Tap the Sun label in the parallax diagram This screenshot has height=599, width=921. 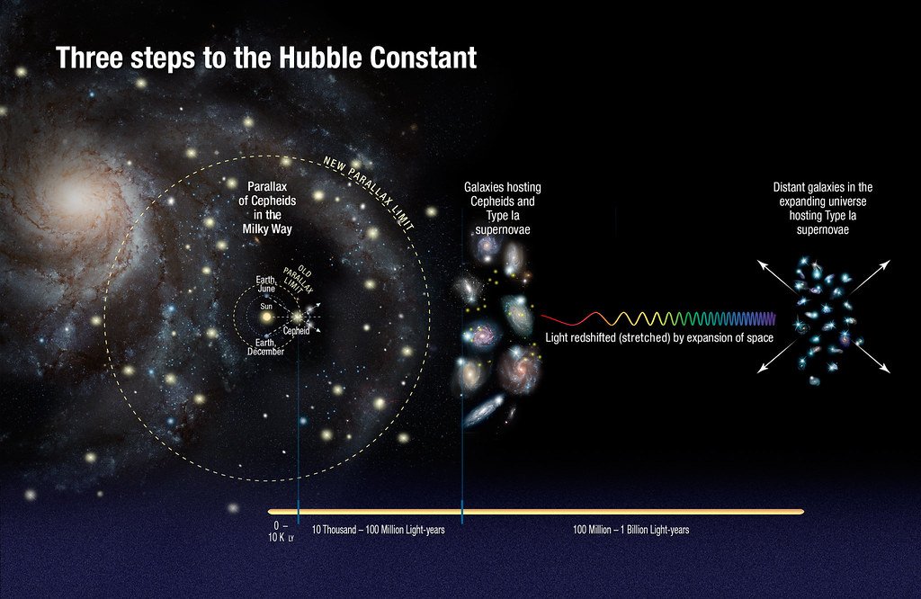click(266, 307)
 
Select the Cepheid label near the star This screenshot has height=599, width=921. click(297, 330)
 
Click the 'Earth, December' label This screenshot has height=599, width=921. click(265, 347)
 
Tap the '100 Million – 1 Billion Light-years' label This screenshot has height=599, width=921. click(631, 531)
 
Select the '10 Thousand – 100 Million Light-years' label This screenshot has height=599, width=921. click(378, 531)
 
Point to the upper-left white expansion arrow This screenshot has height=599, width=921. click(771, 273)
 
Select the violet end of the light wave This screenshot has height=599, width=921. click(769, 318)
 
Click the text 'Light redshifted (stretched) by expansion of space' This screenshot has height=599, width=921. click(647, 338)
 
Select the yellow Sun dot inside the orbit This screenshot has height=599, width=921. click(266, 318)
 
